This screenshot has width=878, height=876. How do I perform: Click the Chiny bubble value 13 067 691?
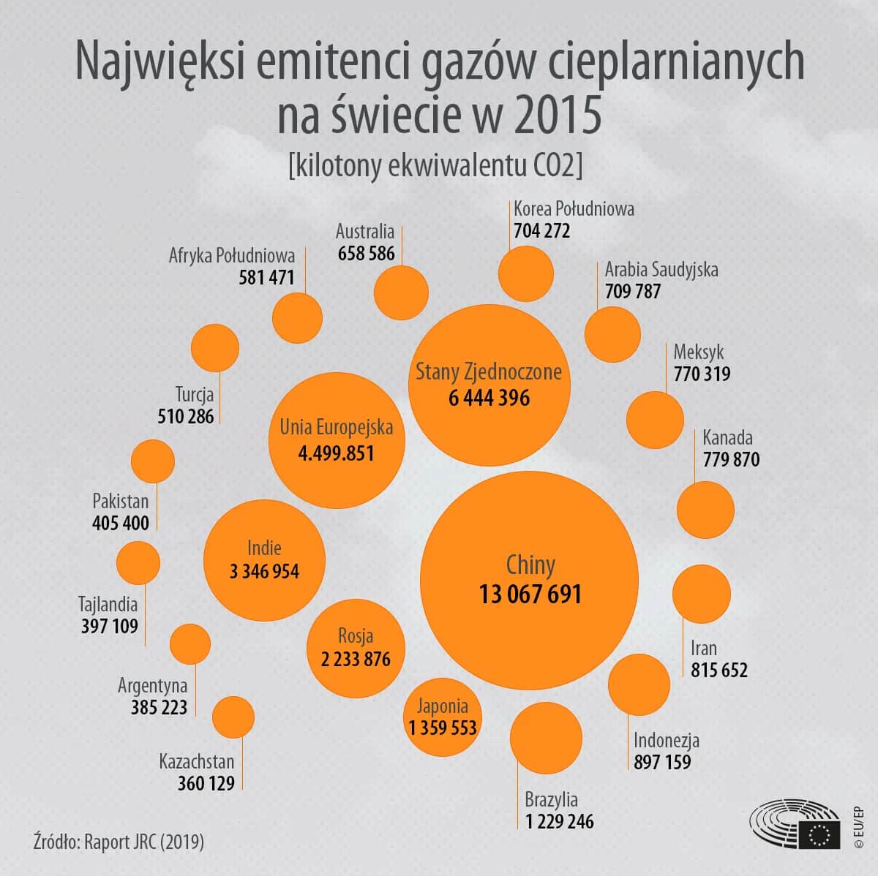tap(530, 594)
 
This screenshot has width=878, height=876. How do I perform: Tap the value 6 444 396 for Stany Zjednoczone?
tap(489, 399)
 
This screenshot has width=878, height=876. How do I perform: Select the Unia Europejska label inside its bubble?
tap(337, 427)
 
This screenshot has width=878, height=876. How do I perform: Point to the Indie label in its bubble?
tap(264, 548)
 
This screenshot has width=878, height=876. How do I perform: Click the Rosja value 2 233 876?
tap(356, 659)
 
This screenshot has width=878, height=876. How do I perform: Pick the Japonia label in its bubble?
tap(443, 706)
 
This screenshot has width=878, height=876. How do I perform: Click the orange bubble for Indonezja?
tap(639, 684)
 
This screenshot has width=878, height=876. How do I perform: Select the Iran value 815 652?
tap(719, 670)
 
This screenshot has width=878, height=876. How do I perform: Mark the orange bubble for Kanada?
tap(705, 510)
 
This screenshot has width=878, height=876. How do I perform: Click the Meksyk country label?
tap(699, 352)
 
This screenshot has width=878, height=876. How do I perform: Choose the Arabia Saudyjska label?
tap(661, 269)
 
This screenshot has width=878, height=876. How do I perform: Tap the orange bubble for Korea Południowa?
tap(525, 274)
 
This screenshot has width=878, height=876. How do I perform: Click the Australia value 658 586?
tap(366, 254)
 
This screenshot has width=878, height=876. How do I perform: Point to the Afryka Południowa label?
tap(232, 255)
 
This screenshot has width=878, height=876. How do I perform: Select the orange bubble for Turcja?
tap(215, 348)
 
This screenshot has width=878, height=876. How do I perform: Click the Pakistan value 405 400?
tap(121, 524)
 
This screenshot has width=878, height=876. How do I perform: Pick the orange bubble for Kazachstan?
tap(233, 717)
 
